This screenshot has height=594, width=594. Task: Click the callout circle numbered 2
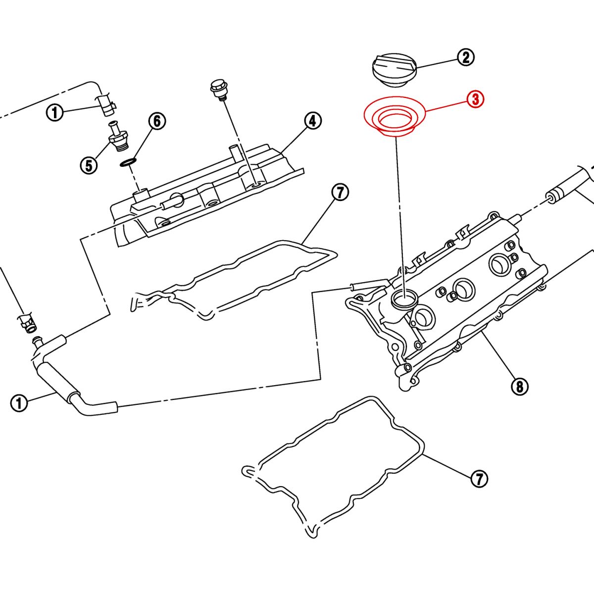pos(465,57)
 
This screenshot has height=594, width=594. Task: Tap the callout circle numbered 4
pos(312,121)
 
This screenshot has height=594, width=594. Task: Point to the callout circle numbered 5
pos(89,165)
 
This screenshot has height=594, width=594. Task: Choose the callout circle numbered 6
pos(157,121)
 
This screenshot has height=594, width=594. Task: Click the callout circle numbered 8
pos(519,386)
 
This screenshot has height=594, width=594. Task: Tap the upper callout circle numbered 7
pos(340,193)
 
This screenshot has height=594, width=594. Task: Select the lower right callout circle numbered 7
pos(479,478)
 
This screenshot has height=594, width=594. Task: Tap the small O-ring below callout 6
pos(129,162)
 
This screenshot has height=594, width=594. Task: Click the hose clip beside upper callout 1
pos(106,103)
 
